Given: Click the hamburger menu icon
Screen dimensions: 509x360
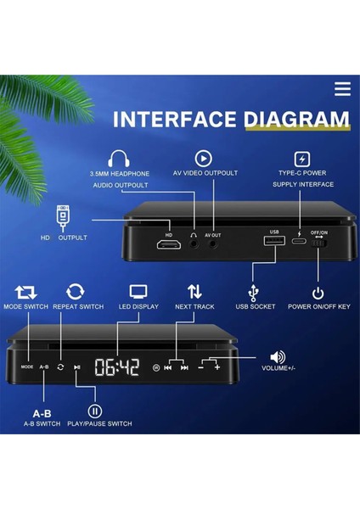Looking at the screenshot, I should click(x=342, y=89).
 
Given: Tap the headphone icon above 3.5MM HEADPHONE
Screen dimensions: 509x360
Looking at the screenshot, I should click(x=118, y=159).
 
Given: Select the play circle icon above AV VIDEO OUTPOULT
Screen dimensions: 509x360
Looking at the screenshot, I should click(x=204, y=158).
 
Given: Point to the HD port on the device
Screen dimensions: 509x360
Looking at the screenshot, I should click(x=169, y=243).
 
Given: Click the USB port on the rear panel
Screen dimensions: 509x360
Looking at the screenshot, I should click(x=273, y=243).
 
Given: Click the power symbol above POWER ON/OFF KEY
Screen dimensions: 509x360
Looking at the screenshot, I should click(x=318, y=293).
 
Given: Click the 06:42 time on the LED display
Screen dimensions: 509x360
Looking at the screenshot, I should click(x=116, y=366).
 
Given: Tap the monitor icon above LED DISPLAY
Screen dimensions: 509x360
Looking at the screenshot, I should click(x=138, y=292).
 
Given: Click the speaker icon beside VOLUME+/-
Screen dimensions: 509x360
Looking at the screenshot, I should click(x=277, y=357).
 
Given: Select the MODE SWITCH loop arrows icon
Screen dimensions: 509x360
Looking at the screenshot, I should click(x=25, y=292).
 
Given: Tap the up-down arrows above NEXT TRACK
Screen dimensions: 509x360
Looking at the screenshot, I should click(x=194, y=292).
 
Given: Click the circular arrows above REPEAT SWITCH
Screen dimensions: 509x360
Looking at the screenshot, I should click(x=76, y=292).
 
